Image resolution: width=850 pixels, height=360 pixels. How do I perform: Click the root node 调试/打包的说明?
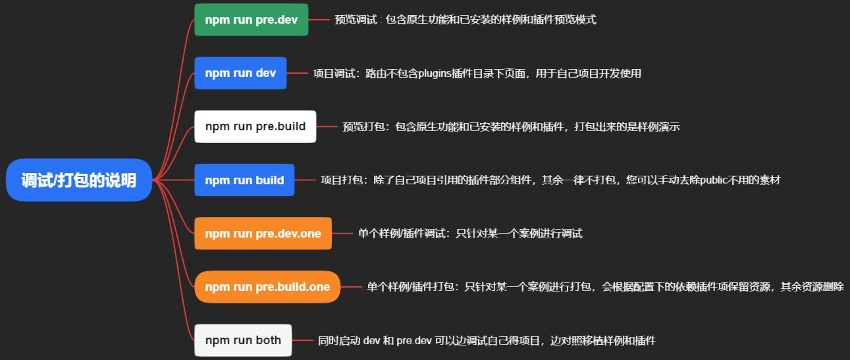pos(79,180)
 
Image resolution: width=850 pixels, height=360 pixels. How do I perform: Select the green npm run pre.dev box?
pos(251,20)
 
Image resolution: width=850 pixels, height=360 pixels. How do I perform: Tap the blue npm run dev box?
pos(240,73)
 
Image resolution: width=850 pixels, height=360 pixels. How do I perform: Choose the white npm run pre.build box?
pos(255,126)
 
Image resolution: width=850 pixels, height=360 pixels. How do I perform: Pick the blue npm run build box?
pos(244,180)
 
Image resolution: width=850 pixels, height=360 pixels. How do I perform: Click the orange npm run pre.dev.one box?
pos(263,234)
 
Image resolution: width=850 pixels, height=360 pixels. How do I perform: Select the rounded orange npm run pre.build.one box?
pos(267,287)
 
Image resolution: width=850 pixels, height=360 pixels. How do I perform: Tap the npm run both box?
pos(243,340)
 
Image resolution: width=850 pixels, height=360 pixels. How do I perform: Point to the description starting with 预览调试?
pos(465,20)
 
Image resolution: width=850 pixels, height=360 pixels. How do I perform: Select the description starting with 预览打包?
pos(511,126)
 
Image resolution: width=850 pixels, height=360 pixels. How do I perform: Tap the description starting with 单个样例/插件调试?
pos(470,234)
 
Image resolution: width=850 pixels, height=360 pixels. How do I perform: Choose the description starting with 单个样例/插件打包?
pos(605,287)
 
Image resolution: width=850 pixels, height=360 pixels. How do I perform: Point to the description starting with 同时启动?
pos(487,340)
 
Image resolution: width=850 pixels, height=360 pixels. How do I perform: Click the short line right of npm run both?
pos(302,340)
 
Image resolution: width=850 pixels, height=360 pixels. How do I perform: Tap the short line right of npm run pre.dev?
pos(319,20)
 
